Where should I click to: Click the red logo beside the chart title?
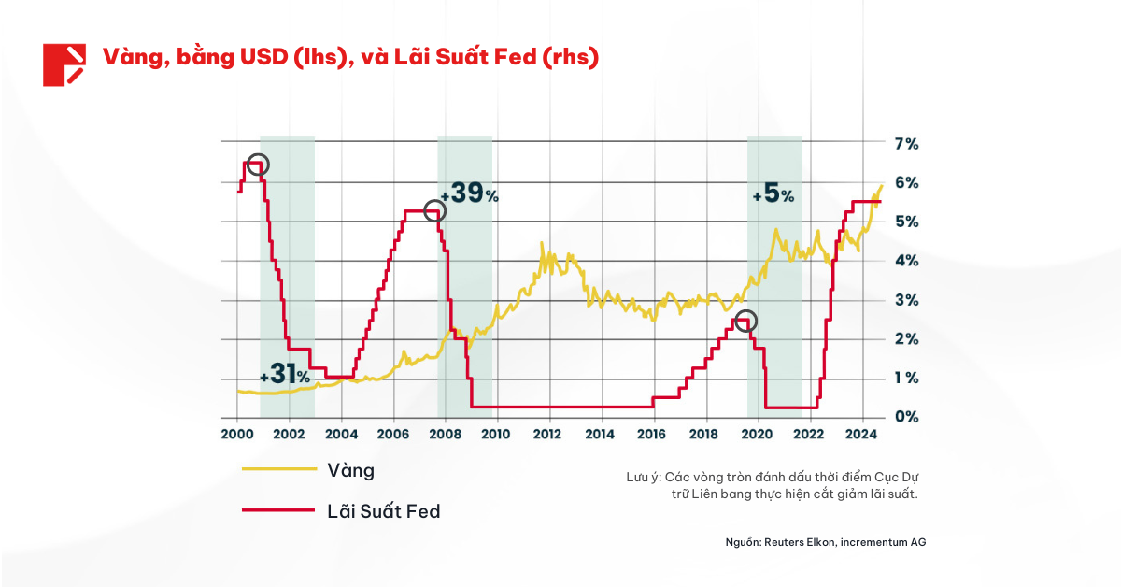pyautogui.click(x=64, y=64)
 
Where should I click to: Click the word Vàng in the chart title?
pyautogui.click(x=129, y=58)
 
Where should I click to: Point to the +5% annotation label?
pyautogui.click(x=773, y=195)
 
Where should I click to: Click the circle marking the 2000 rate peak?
pyautogui.click(x=258, y=165)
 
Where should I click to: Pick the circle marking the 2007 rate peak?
pyautogui.click(x=434, y=211)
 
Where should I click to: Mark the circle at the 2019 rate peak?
pyautogui.click(x=745, y=322)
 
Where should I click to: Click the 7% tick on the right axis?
pyautogui.click(x=906, y=143)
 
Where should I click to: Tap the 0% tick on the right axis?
pyautogui.click(x=906, y=416)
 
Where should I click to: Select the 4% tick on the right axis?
pyautogui.click(x=906, y=260)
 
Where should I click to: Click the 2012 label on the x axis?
pyautogui.click(x=547, y=434)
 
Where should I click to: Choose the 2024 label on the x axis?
pyautogui.click(x=860, y=434)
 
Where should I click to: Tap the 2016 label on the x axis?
pyautogui.click(x=652, y=434)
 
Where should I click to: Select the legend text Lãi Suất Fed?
pyautogui.click(x=383, y=511)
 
